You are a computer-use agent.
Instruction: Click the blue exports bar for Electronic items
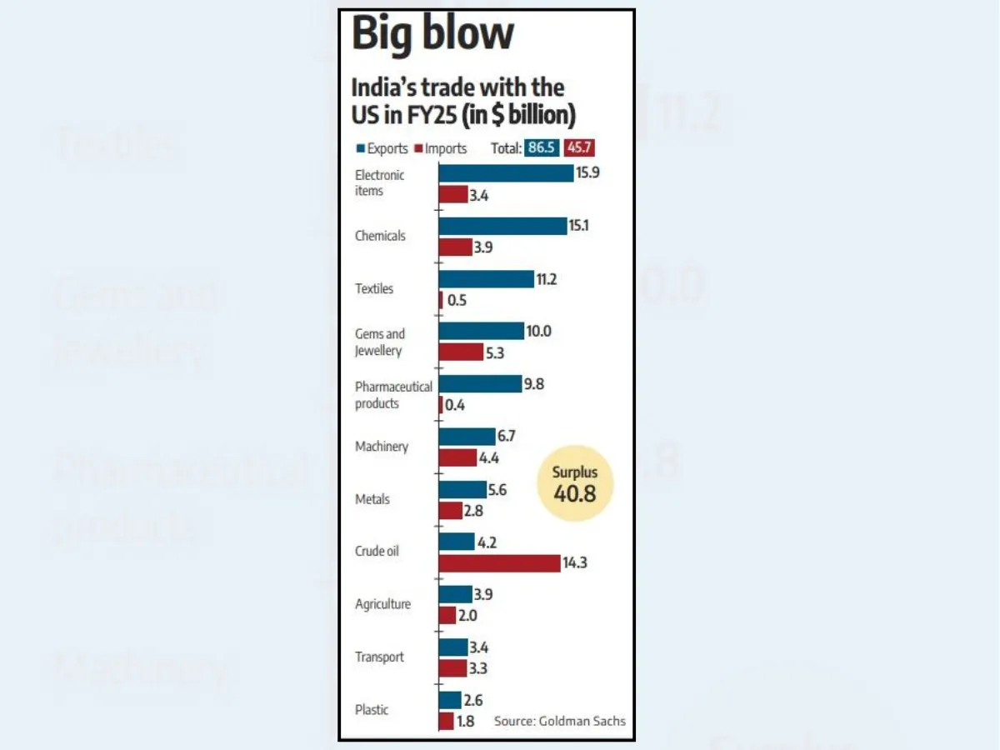[x=506, y=173]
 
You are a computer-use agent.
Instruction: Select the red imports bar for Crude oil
[x=500, y=563]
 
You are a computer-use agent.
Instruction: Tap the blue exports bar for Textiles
[x=487, y=279]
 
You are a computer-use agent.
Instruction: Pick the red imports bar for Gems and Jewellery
[x=461, y=352]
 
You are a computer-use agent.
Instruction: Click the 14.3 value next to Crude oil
[x=575, y=563]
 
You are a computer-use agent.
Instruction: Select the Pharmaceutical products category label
[x=393, y=395]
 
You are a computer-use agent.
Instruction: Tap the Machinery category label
[x=382, y=447]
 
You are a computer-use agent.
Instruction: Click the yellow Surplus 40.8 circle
[x=575, y=482]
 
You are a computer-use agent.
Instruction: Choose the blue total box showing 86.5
[x=542, y=148]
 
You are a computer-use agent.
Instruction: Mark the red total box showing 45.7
[x=579, y=148]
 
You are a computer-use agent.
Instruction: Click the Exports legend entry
[x=382, y=148]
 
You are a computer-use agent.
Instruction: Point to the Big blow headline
[x=432, y=34]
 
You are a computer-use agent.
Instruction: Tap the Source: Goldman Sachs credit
[x=559, y=721]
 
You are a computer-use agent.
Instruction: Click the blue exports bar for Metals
[x=462, y=489]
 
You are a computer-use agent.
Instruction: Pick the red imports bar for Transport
[x=453, y=668]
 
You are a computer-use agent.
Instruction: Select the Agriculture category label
[x=382, y=604]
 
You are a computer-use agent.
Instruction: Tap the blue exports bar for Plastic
[x=450, y=700]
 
